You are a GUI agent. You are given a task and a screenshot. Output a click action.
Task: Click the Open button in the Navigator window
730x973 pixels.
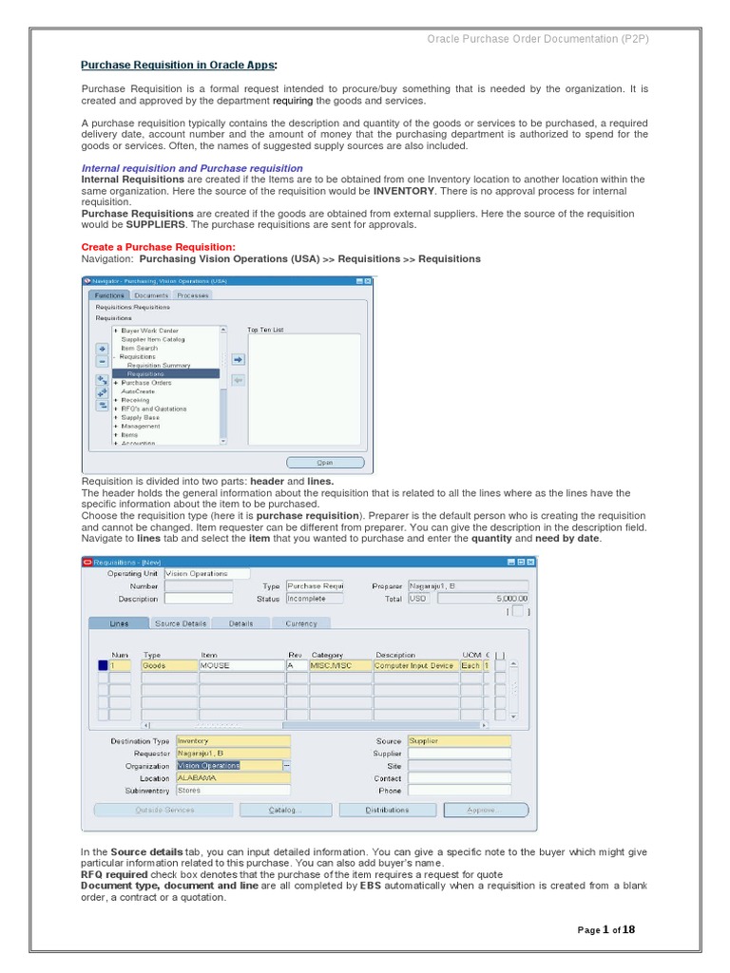click(325, 463)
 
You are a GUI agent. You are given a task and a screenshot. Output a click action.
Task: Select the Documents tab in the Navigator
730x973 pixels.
click(151, 296)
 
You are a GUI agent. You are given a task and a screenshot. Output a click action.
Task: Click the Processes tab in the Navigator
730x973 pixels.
click(193, 296)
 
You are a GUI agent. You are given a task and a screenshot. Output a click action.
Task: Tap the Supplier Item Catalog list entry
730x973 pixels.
click(152, 339)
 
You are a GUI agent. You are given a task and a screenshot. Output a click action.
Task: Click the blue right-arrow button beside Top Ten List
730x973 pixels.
click(238, 359)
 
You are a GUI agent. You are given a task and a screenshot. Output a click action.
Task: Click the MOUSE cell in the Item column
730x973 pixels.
click(240, 666)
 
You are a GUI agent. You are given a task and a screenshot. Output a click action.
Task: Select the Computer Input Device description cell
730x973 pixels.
click(414, 666)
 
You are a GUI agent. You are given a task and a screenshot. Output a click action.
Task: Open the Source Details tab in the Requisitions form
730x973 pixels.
click(181, 623)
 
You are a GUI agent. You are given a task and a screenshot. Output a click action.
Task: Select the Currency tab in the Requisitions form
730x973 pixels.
click(301, 623)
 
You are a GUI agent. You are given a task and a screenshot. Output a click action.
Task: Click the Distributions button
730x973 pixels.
click(387, 811)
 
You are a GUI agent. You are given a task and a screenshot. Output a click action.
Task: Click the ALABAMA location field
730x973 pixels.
click(233, 777)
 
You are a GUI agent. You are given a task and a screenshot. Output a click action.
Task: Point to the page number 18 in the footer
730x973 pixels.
click(627, 929)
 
